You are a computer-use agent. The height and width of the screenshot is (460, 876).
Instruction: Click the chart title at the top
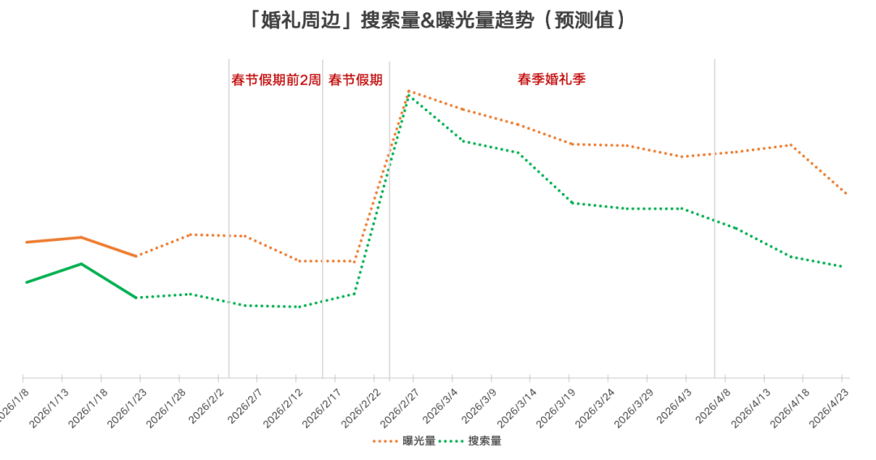(438, 20)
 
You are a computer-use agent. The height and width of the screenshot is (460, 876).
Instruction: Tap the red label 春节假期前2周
(276, 80)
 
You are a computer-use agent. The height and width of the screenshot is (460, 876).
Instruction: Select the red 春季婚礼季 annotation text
(552, 80)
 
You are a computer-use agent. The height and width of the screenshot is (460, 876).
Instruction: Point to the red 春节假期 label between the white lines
(354, 80)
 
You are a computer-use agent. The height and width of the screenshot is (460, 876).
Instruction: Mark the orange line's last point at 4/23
(845, 193)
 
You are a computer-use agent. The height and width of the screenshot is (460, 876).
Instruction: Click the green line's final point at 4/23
(840, 266)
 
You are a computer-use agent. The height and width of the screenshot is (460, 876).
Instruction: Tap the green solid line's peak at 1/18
(80, 264)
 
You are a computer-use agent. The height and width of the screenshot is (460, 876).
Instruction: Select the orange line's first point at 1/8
(26, 242)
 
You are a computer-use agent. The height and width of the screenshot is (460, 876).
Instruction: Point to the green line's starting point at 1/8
(26, 282)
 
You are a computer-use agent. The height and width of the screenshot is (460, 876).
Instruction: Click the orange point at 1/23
(135, 256)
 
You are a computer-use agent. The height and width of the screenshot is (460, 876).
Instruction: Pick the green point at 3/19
(573, 203)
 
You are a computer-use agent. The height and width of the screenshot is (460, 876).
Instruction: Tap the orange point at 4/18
(791, 145)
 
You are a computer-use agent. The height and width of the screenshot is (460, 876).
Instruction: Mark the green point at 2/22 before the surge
(354, 293)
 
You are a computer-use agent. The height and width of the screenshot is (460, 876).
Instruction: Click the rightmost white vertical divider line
(715, 219)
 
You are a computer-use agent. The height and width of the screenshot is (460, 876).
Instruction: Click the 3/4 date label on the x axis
(445, 404)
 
